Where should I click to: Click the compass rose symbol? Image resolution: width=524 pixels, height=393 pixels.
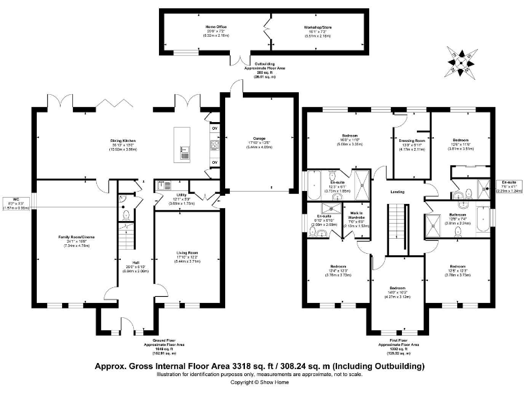(462, 61)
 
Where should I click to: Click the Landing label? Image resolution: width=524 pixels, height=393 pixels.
(398, 192)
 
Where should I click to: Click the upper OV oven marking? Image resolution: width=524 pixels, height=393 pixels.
(214, 128)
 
